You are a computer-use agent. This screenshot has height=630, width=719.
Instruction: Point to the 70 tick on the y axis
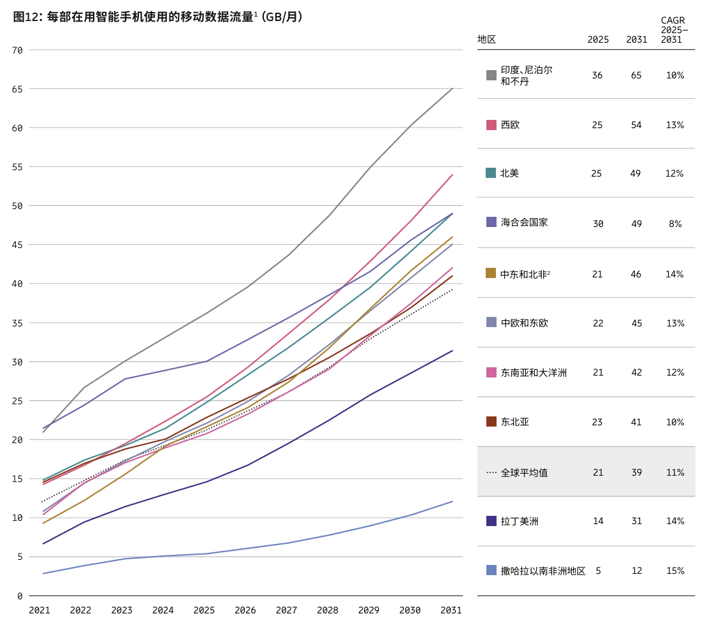[17, 50]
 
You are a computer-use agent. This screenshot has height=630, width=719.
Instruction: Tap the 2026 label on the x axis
[245, 610]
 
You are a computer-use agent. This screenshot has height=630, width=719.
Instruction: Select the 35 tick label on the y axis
[17, 323]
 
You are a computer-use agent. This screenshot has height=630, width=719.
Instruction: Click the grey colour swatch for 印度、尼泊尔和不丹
[491, 75]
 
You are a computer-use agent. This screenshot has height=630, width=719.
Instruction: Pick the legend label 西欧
[510, 125]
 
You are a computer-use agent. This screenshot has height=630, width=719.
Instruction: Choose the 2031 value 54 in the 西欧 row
[636, 125]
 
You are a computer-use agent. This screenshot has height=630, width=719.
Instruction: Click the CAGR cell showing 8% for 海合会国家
[675, 224]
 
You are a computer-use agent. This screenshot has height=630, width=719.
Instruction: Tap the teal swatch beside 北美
[491, 173]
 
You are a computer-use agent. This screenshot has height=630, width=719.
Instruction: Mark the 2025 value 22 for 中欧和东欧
[598, 323]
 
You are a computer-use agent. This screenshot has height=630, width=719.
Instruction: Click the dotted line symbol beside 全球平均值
[491, 472]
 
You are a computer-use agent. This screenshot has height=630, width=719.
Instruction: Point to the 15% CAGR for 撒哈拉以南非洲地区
[675, 571]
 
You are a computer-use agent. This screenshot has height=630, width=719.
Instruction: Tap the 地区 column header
[486, 40]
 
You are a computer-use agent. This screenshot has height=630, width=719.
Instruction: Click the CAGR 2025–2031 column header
[674, 30]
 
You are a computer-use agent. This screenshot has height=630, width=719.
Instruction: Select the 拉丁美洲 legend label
[519, 521]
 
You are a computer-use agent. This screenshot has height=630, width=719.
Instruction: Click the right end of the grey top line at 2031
[453, 89]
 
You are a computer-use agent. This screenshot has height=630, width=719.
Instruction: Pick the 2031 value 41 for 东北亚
[636, 422]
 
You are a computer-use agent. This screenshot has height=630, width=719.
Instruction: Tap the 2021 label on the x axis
[40, 610]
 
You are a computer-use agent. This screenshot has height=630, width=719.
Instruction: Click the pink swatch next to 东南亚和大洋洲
[491, 372]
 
